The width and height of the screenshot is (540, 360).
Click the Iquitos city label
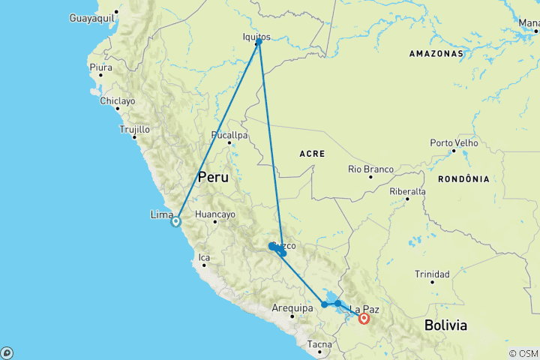[x=256, y=35]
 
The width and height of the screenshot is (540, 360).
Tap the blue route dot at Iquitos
[x=259, y=42]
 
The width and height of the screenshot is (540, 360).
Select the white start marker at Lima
[x=175, y=221]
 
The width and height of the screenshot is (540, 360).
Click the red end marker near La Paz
[x=364, y=318]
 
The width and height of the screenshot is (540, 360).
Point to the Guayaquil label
[x=93, y=16]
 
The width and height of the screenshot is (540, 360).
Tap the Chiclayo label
[x=118, y=100]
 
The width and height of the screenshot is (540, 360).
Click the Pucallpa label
[x=229, y=136]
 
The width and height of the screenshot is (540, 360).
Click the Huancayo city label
[x=214, y=214]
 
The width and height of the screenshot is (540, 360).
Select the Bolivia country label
[x=445, y=325]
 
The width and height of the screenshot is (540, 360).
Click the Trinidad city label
[x=432, y=274]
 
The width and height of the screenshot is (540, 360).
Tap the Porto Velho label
[x=454, y=143]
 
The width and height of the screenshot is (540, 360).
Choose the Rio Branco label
[x=370, y=169]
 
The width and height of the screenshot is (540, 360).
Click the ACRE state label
[x=311, y=154]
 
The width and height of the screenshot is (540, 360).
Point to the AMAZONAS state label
[x=436, y=54]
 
